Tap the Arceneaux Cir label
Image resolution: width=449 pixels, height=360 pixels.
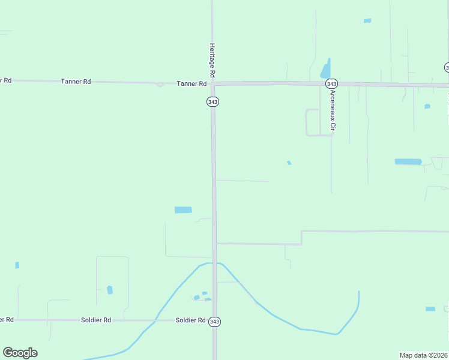(330, 110)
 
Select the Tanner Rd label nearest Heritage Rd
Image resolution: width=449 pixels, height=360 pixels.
(191, 84)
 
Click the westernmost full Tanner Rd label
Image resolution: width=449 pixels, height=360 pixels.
(76, 81)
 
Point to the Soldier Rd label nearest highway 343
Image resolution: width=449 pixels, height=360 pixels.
(191, 320)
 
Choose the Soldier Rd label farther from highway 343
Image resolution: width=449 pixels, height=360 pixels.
(96, 320)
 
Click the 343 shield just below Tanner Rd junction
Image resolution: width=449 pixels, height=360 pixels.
(212, 101)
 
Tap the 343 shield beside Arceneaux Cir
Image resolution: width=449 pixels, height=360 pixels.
(332, 83)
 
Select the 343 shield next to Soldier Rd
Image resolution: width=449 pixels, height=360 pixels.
(214, 322)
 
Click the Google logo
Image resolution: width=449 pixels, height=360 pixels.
(20, 353)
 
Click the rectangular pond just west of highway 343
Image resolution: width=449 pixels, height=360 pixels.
(183, 210)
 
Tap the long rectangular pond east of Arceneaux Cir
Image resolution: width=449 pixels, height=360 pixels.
(408, 161)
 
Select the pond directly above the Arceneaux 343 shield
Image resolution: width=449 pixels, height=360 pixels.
(325, 70)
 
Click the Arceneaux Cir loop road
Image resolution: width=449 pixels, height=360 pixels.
(312, 123)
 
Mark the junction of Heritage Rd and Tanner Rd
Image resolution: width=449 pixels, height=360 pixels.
(212, 83)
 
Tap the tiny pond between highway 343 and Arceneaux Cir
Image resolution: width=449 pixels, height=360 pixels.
(289, 163)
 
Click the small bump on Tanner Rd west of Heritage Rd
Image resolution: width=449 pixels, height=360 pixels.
(160, 85)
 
